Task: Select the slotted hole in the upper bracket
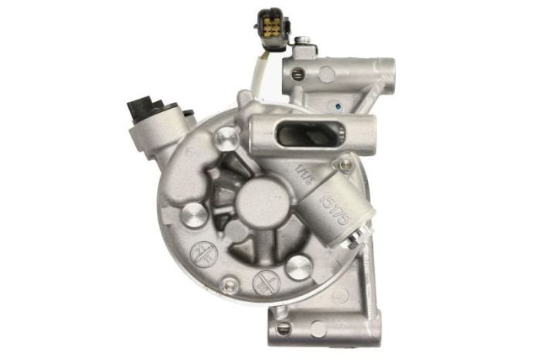point(298,74)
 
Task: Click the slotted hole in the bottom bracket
point(284,328)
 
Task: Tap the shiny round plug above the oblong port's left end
point(226,139)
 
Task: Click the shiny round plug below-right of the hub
point(298,267)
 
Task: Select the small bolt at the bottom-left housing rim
point(228,287)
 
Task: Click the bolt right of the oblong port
point(345,165)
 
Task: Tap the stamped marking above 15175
point(305,172)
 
